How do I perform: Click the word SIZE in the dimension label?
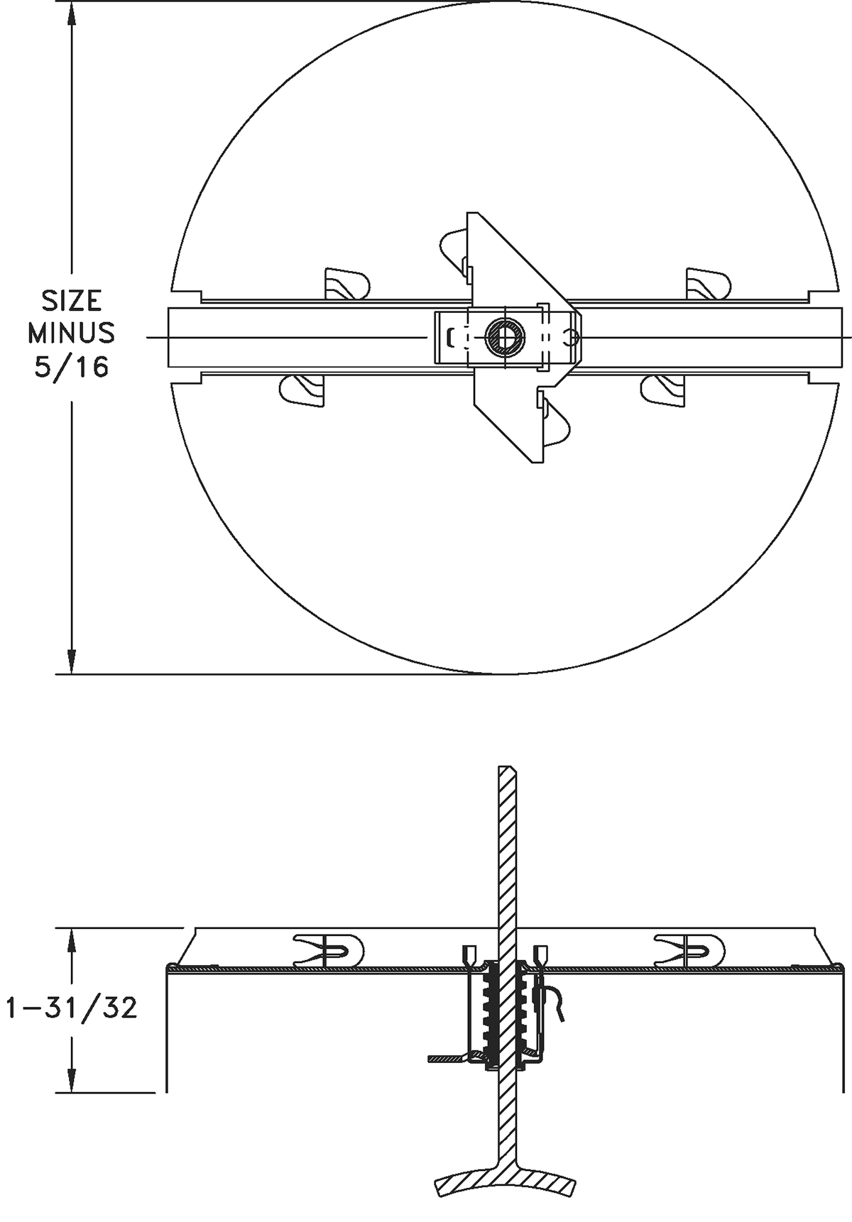pyautogui.click(x=70, y=301)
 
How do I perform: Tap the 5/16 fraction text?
pyautogui.click(x=72, y=367)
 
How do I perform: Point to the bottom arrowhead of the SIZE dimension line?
pyautogui.click(x=71, y=661)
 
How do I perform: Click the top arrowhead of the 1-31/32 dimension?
pyautogui.click(x=71, y=940)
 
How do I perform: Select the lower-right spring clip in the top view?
pyautogui.click(x=663, y=390)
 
